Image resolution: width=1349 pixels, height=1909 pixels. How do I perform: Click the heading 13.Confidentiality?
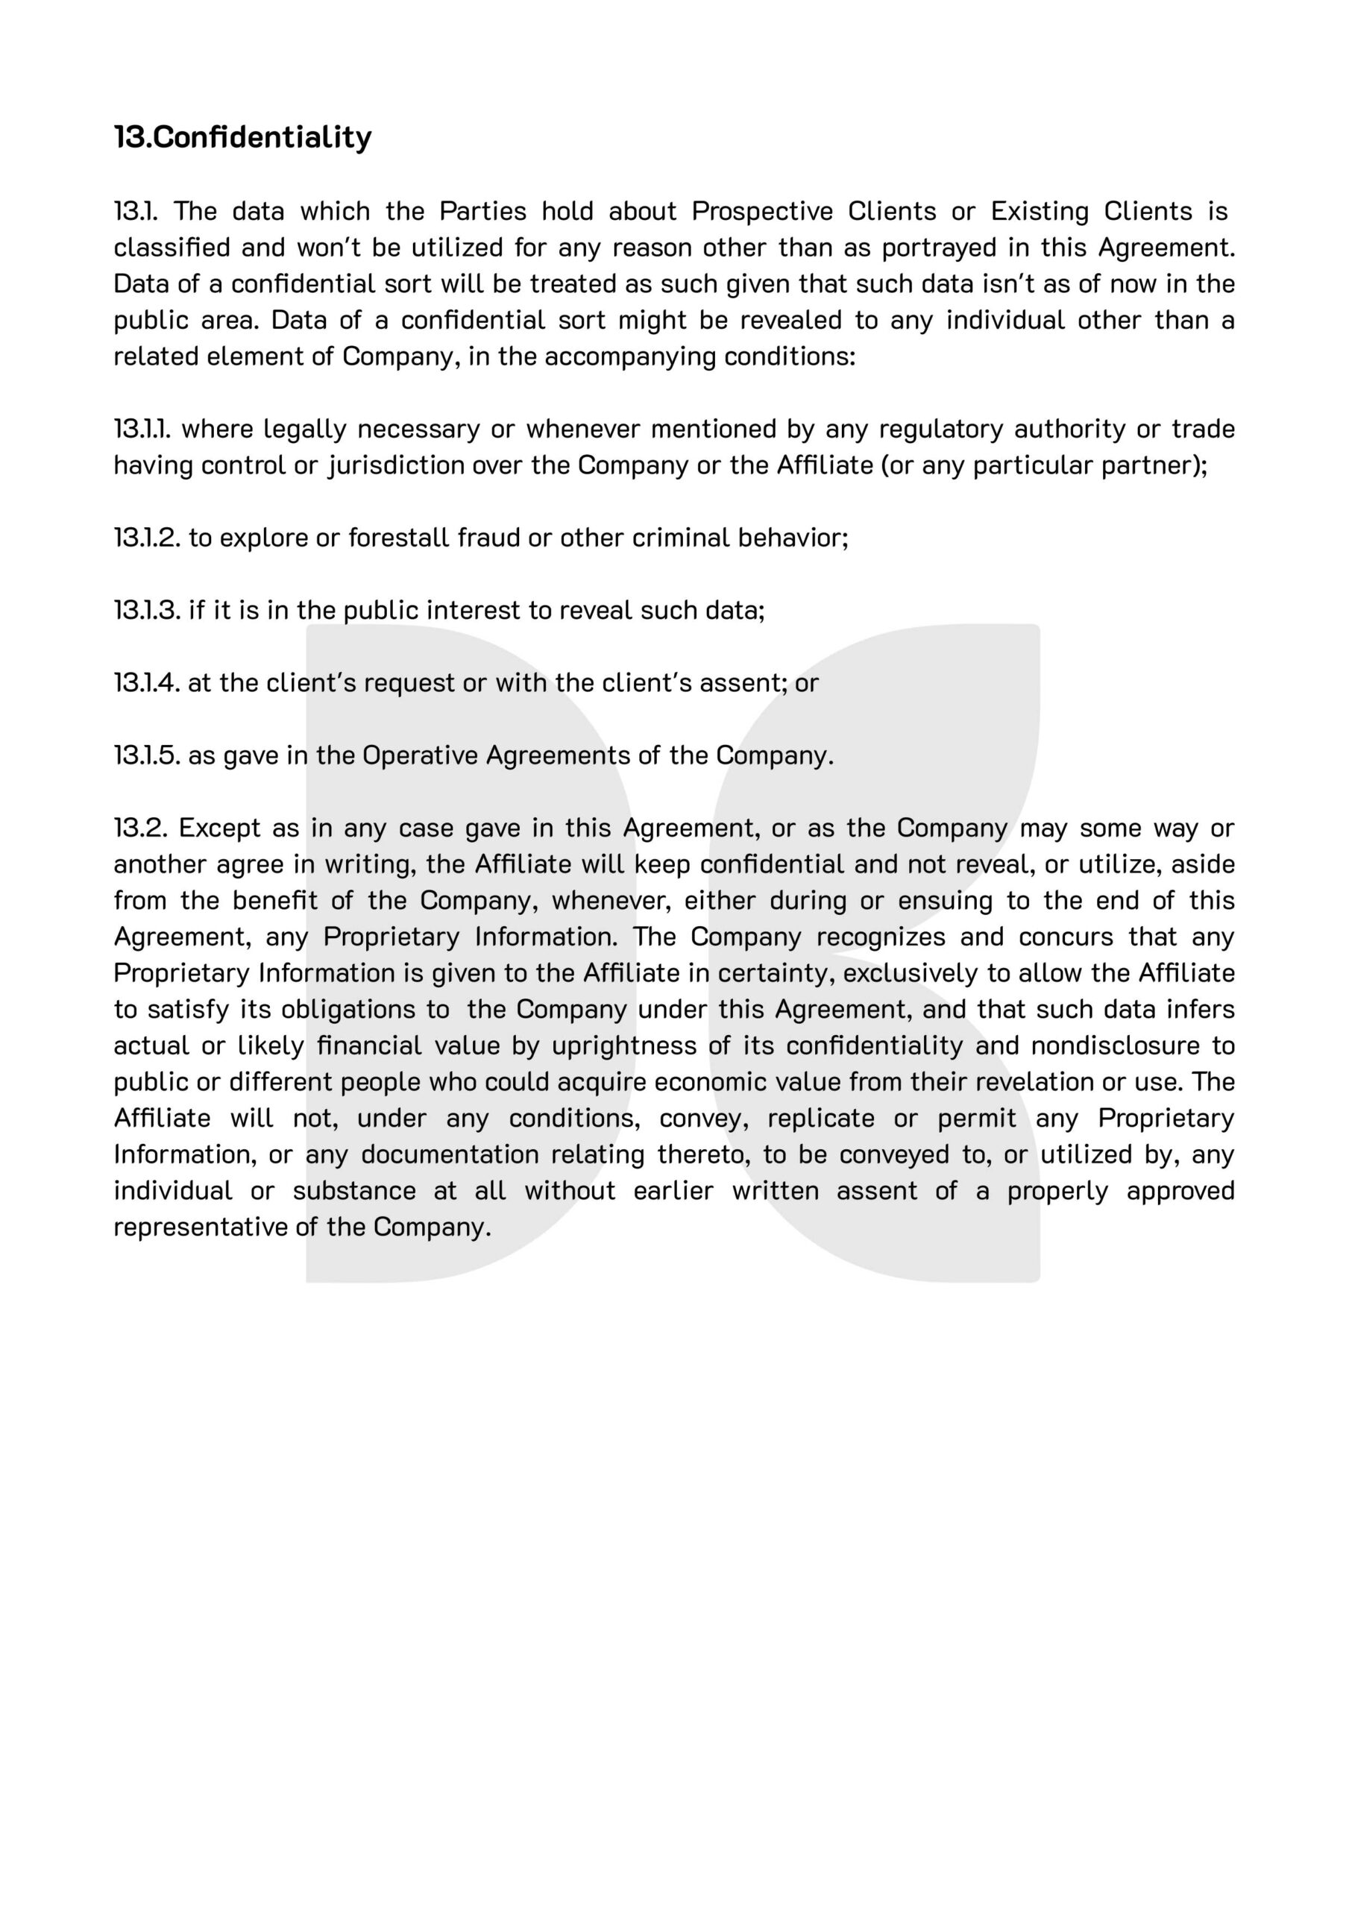tap(243, 137)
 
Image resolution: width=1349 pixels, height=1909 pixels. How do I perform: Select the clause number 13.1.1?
tap(142, 429)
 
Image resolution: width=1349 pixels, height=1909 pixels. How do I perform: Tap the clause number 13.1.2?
tap(146, 538)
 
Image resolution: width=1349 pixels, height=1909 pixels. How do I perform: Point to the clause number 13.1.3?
tap(146, 610)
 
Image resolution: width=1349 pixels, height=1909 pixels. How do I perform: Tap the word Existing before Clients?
tap(1039, 211)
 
